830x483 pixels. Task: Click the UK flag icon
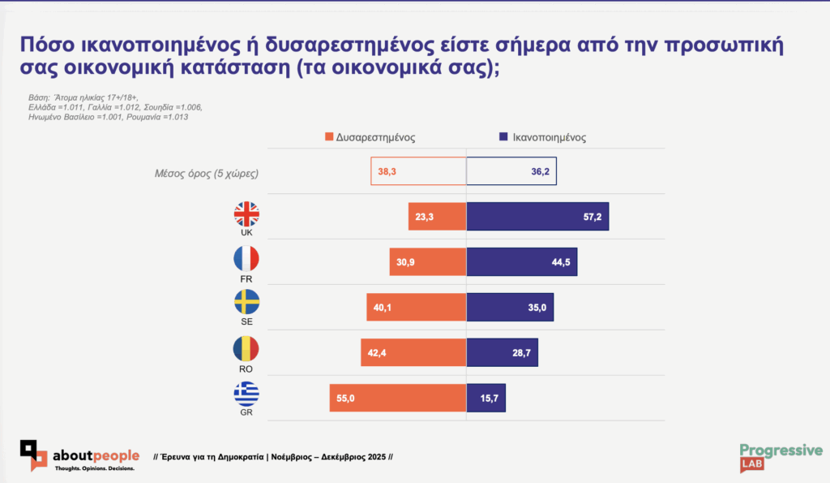tap(246, 214)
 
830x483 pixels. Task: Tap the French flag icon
tap(246, 259)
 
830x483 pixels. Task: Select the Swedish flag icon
tap(246, 304)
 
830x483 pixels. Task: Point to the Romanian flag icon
tap(246, 349)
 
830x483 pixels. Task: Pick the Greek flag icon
tap(246, 394)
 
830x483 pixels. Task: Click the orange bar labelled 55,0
tap(397, 398)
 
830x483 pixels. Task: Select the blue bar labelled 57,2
tap(537, 217)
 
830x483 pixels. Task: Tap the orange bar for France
tap(427, 262)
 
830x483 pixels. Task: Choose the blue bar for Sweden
tap(510, 308)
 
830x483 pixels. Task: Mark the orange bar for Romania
tap(413, 352)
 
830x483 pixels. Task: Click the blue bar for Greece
tap(486, 398)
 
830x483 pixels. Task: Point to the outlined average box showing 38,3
tap(418, 171)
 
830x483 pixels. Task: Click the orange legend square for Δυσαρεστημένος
tap(329, 137)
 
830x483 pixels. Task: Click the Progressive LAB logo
tap(781, 457)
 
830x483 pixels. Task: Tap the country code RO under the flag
tap(246, 369)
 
